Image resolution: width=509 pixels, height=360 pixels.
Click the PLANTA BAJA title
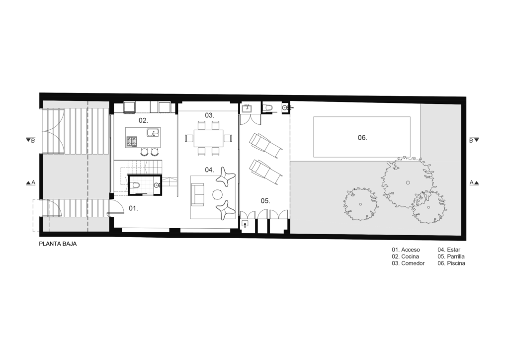pyautogui.click(x=58, y=244)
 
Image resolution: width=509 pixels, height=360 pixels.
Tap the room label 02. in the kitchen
pyautogui.click(x=143, y=120)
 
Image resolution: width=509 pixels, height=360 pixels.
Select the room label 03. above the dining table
pyautogui.click(x=209, y=115)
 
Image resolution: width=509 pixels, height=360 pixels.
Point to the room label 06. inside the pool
pyautogui.click(x=362, y=138)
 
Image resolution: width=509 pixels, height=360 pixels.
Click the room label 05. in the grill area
pyautogui.click(x=265, y=201)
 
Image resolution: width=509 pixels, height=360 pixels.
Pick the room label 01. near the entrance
pyautogui.click(x=133, y=208)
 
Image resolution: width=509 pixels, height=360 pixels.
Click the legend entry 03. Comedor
pyautogui.click(x=408, y=263)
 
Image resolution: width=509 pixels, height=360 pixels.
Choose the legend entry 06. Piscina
pyautogui.click(x=451, y=263)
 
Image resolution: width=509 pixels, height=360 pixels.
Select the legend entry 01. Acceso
pyautogui.click(x=406, y=250)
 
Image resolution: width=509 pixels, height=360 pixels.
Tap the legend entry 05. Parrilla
pyautogui.click(x=451, y=257)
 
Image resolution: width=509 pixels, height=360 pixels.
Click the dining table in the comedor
pyautogui.click(x=208, y=138)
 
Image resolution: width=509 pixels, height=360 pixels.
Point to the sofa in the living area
pyautogui.click(x=198, y=194)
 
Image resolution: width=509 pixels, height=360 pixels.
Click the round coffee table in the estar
pyautogui.click(x=217, y=194)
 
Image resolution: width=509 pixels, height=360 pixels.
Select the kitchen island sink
pyautogui.click(x=153, y=133)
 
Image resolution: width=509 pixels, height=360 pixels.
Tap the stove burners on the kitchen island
pyautogui.click(x=131, y=141)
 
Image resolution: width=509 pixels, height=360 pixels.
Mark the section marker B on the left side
pyautogui.click(x=30, y=140)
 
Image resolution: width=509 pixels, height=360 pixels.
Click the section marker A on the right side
pyautogui.click(x=474, y=183)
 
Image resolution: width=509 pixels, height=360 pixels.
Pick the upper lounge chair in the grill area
pyautogui.click(x=266, y=146)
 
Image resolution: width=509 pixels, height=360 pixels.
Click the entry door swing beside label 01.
pyautogui.click(x=116, y=207)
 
